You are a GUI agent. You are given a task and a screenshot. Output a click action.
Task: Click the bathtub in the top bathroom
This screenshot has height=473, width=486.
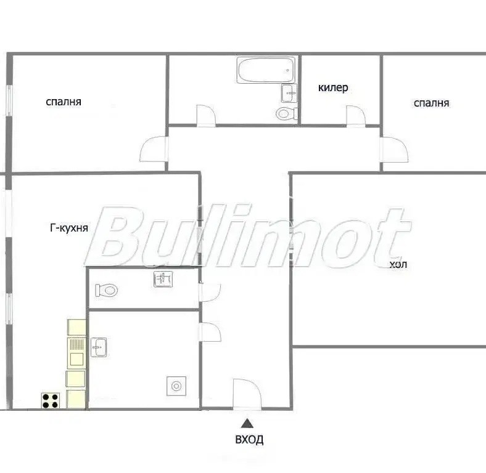(x=266, y=70)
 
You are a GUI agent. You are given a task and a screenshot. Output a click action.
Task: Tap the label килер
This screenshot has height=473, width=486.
(x=333, y=88)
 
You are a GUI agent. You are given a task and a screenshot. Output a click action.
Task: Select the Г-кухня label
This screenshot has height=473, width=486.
(x=69, y=228)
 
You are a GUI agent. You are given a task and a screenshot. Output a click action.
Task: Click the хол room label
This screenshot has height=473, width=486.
(x=398, y=265)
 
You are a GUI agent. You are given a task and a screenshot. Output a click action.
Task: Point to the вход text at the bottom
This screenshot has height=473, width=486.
(x=250, y=440)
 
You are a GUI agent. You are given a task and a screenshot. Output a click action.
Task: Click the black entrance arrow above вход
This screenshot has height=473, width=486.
(x=247, y=423)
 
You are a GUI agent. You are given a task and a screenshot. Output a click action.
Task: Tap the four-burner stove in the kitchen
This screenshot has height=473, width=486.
(x=51, y=400)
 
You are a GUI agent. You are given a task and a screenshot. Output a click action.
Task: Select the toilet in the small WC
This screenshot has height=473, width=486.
(x=106, y=290)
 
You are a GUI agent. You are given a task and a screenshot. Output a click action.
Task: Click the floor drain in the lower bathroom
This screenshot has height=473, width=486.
(x=176, y=386)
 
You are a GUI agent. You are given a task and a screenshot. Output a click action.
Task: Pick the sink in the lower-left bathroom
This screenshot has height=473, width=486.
(x=99, y=347)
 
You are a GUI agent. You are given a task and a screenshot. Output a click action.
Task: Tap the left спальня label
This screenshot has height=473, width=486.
(x=64, y=102)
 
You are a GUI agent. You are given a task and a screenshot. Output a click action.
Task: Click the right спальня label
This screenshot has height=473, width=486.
(x=432, y=103)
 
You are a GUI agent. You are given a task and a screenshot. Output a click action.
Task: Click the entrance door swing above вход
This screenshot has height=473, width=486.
(x=247, y=394)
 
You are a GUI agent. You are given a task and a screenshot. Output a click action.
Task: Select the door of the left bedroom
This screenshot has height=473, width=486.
(x=154, y=149)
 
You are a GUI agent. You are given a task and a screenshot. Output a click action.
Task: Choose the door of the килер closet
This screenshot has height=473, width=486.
(x=356, y=116)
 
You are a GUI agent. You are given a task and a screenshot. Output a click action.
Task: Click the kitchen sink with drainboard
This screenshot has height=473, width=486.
(x=76, y=353)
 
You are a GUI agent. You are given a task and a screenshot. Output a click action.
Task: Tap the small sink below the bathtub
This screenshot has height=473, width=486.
(x=289, y=93)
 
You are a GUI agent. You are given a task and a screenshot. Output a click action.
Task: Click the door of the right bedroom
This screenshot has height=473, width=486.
(x=394, y=150)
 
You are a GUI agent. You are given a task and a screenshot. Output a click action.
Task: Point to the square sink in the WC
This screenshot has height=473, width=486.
(x=163, y=279)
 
